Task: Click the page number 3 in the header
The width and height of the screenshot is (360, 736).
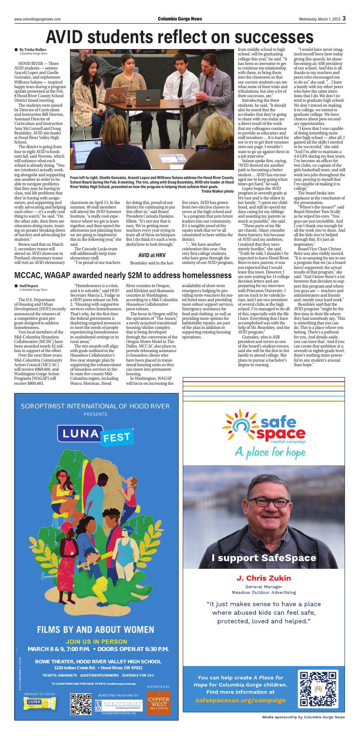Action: click(345, 18)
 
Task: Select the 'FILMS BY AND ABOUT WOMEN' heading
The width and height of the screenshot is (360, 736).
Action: click(95, 629)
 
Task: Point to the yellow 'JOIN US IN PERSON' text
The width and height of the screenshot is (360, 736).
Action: click(96, 642)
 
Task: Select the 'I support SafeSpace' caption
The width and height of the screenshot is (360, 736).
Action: click(264, 557)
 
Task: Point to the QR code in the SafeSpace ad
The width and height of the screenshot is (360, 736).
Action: click(314, 688)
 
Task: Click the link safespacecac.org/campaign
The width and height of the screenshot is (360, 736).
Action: click(240, 701)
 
